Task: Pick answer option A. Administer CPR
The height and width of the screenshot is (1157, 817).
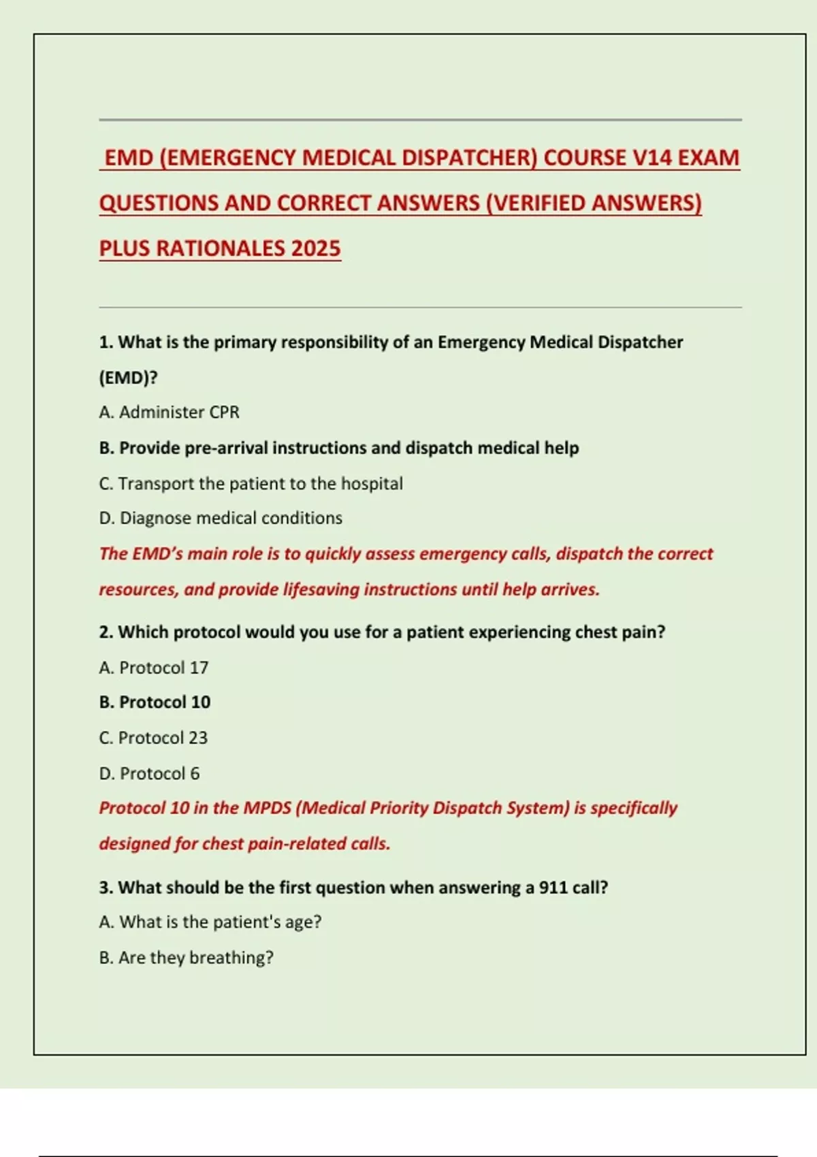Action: tap(169, 412)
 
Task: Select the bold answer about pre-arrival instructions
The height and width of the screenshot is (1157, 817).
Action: tap(339, 448)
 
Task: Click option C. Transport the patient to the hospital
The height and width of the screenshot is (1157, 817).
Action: tap(251, 483)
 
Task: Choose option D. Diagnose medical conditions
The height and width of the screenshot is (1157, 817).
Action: tap(221, 518)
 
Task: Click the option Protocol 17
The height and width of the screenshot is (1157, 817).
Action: tap(154, 668)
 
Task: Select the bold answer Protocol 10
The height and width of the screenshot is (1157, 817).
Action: tap(155, 702)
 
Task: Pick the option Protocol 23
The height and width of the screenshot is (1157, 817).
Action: tap(153, 738)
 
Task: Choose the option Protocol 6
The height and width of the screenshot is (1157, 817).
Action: tap(149, 773)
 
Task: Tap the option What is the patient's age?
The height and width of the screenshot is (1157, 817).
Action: tap(210, 922)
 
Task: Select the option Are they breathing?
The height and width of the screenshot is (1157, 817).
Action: tap(186, 958)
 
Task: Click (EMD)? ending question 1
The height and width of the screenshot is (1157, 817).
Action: tap(128, 378)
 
